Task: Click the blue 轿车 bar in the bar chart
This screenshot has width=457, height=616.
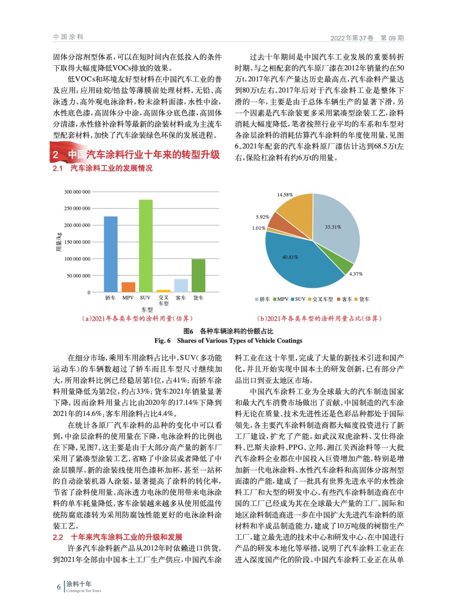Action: [110, 254]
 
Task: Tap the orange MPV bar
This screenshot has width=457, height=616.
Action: [128, 287]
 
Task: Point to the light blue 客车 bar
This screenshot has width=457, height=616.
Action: [181, 285]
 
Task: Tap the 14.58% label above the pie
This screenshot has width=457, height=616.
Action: [285, 195]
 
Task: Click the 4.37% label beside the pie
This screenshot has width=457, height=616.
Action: [356, 274]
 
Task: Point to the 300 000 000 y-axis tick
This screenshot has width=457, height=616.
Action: [77, 192]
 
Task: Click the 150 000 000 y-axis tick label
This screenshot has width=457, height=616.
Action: [77, 242]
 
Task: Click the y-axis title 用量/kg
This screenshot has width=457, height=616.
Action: [59, 242]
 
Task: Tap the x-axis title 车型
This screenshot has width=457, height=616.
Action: [147, 310]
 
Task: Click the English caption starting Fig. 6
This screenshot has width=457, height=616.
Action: [228, 340]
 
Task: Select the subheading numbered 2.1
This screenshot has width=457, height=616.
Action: [102, 168]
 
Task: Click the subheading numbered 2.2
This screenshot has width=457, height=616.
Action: [117, 537]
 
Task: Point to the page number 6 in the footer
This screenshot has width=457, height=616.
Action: [59, 587]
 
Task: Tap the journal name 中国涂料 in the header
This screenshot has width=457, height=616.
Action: [68, 37]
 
